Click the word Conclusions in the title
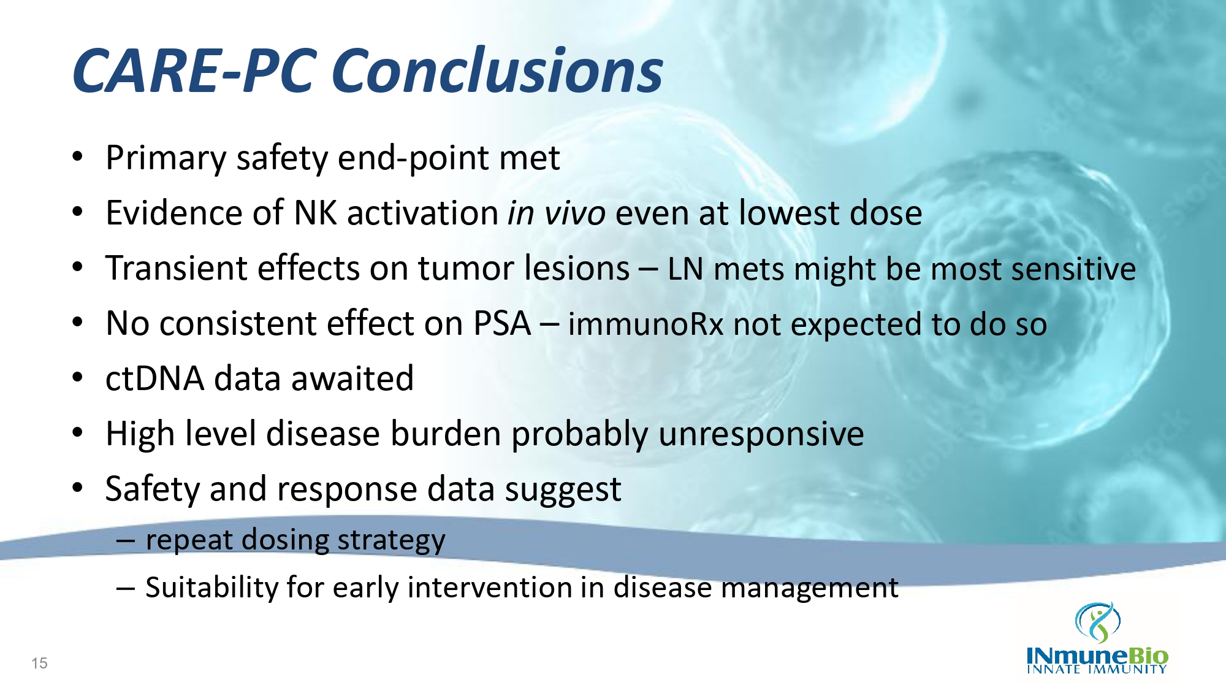click(500, 71)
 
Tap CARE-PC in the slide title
click(195, 71)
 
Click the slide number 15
click(39, 663)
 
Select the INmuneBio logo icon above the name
click(1098, 622)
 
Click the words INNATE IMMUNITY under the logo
click(1097, 669)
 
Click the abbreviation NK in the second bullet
click(315, 213)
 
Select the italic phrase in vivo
click(557, 213)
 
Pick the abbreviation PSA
click(502, 323)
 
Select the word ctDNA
click(154, 378)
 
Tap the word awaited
click(352, 378)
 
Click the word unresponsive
click(761, 434)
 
